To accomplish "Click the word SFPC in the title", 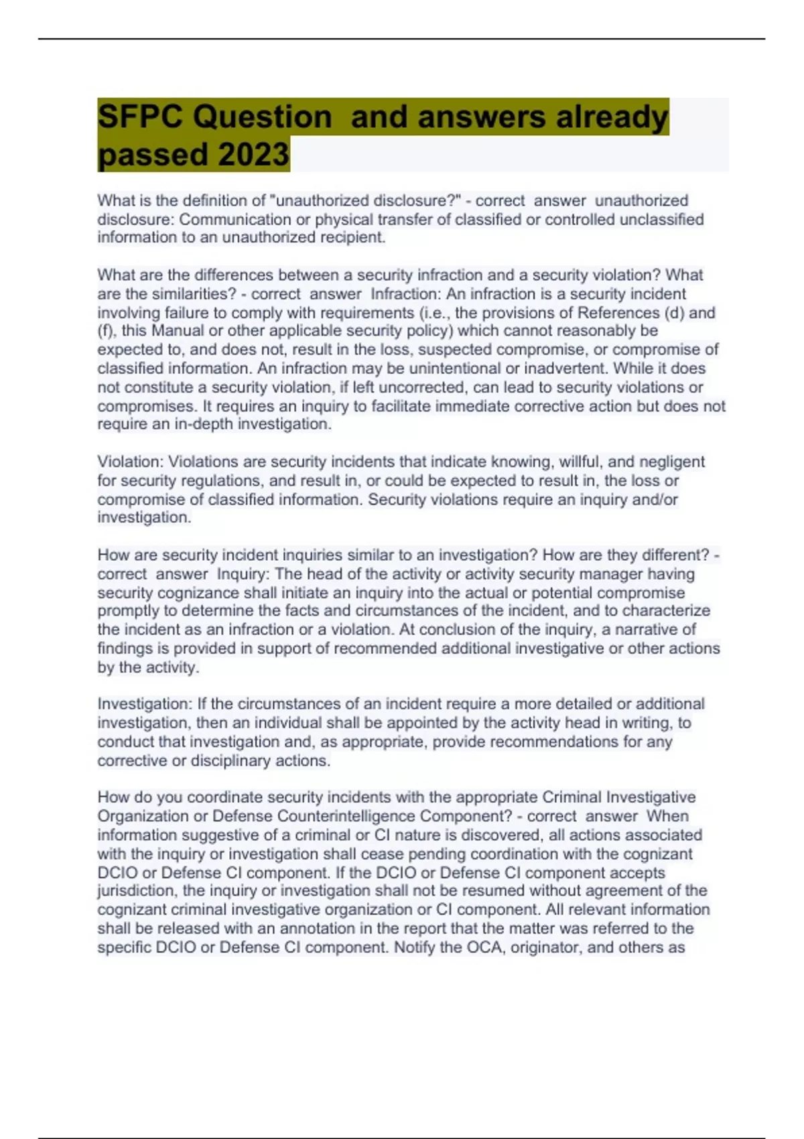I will point(139,117).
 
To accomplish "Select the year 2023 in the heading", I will point(253,155).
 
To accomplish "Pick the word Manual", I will point(178,331).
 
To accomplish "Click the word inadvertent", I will point(567,368).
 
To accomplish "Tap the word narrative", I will point(641,630).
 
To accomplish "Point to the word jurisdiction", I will point(136,891).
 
